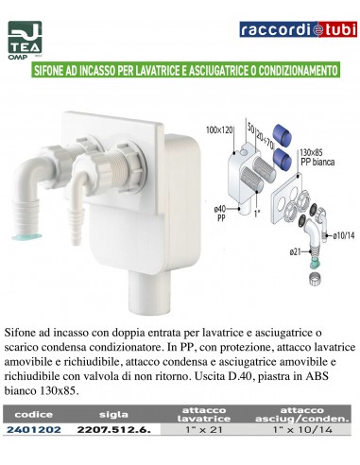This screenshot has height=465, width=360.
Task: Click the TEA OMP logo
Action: click(x=25, y=40)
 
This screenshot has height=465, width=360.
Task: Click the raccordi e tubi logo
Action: click(x=298, y=29)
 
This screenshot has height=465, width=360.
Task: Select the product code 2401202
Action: click(x=34, y=429)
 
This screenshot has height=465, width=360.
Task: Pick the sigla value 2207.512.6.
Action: click(x=114, y=429)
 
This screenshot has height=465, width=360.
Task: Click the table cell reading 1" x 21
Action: click(x=204, y=429)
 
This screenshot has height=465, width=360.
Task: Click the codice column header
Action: click(x=33, y=414)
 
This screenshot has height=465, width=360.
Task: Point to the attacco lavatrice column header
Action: click(x=204, y=414)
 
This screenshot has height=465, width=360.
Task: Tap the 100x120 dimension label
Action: click(x=219, y=129)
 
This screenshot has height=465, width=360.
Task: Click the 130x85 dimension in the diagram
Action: click(x=311, y=153)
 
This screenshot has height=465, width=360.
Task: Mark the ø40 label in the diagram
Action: click(x=220, y=209)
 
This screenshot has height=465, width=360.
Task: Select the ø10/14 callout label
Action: click(x=344, y=235)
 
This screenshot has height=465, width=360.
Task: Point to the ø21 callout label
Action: click(x=296, y=251)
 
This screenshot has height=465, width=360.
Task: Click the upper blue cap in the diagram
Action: click(x=283, y=135)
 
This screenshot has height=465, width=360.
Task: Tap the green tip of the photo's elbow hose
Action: click(x=26, y=236)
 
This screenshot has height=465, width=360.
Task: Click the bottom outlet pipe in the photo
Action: click(x=149, y=291)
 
